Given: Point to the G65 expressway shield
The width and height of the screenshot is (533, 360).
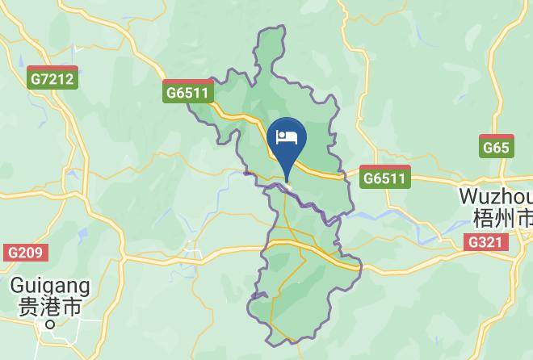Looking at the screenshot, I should pos(496,146).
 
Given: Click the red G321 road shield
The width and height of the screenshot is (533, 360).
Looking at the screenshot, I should pos(487,241).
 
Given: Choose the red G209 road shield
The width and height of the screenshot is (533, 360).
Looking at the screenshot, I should pos(25,253).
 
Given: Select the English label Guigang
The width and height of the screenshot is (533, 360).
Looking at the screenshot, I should pos(50,287).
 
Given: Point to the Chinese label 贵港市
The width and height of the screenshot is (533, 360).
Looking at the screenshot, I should pos(50,308).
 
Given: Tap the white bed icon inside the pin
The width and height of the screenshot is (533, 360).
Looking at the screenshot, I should pos(287,136).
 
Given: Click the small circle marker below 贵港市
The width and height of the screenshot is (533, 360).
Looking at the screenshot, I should pos(50,324).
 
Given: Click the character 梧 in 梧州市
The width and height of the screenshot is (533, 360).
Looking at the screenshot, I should pos(481,218).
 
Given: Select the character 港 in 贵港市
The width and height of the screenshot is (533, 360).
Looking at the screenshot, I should pos(50,308).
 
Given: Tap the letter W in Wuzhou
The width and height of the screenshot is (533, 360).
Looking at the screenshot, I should pos(467,197).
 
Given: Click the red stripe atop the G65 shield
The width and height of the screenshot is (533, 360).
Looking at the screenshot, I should pos(496,138).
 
